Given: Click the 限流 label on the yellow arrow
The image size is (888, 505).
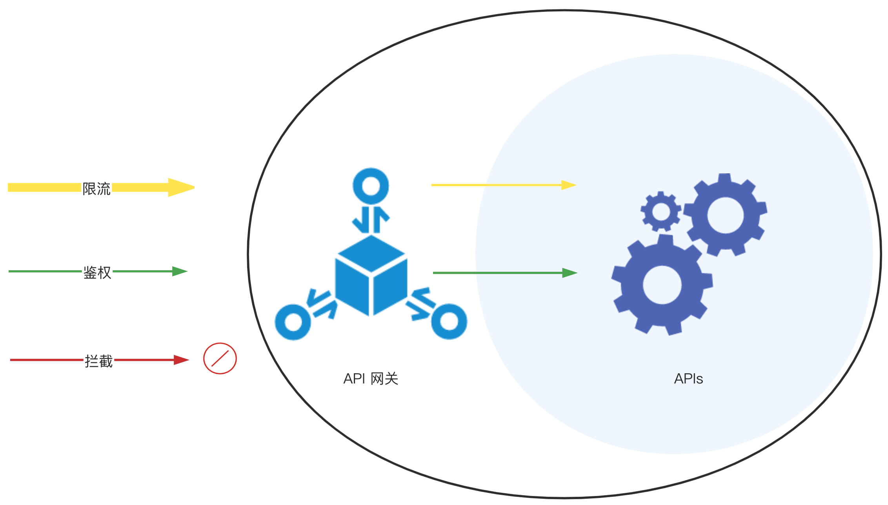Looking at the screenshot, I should (96, 189).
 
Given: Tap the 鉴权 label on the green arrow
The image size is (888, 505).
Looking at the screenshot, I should (97, 272).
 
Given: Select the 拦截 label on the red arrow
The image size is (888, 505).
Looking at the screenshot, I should (99, 361).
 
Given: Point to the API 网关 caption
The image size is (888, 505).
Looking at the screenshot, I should (371, 379).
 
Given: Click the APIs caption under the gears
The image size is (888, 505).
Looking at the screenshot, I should (688, 379).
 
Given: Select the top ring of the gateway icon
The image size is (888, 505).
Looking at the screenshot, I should (371, 186).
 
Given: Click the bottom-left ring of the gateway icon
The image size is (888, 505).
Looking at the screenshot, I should (293, 322).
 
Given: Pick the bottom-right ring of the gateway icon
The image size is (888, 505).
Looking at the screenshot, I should (449, 321).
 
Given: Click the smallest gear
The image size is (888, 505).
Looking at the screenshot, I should (661, 212).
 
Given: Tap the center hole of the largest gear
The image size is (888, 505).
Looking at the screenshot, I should (662, 285).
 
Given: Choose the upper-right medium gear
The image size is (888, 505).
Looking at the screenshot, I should (725, 215).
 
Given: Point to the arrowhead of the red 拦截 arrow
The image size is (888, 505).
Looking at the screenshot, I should (181, 360).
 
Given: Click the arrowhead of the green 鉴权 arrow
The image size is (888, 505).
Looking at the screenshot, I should (180, 271).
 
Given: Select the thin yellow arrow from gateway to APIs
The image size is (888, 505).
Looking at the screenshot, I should (504, 185).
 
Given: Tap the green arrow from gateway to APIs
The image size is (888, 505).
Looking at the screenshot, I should (505, 272).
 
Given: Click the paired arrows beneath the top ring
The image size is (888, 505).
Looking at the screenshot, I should (371, 220).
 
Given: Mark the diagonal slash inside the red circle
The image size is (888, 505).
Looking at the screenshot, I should (220, 358).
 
